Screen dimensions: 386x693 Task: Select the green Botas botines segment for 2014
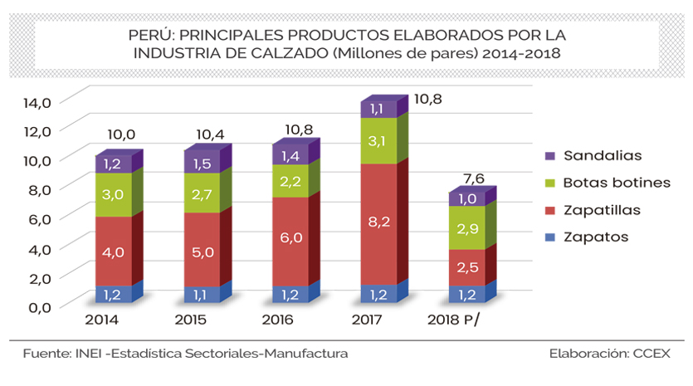coord(113,194)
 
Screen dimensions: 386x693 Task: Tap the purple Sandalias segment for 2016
coord(290,154)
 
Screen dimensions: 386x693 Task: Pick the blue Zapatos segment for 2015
coord(202,294)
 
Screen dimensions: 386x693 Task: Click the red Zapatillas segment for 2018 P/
coord(466,267)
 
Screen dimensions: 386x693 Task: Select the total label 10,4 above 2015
coord(210,134)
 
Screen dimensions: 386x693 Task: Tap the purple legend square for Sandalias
coord(549,155)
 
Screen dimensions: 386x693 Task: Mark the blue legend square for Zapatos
coord(549,237)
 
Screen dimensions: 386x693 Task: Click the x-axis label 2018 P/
coord(453,320)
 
